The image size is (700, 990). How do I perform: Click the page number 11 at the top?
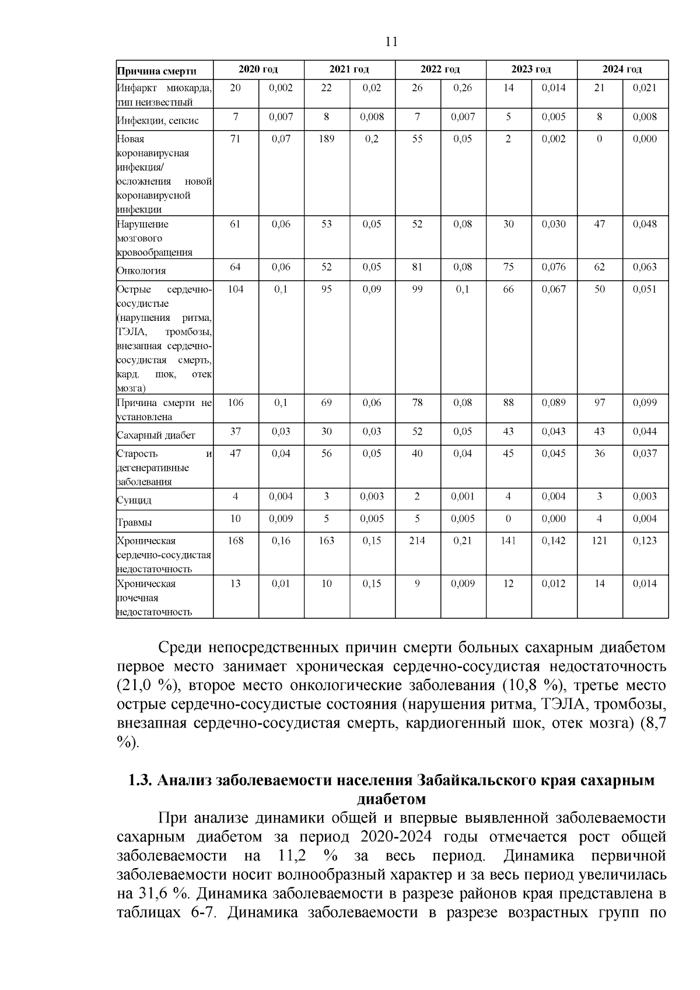pyautogui.click(x=391, y=42)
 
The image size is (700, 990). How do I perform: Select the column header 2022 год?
pyautogui.click(x=440, y=69)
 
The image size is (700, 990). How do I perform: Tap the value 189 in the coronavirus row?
pyautogui.click(x=326, y=139)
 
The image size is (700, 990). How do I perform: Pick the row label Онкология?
pyautogui.click(x=141, y=271)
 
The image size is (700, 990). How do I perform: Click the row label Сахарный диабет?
pyautogui.click(x=156, y=435)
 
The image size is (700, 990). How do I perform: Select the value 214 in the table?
pyautogui.click(x=417, y=541)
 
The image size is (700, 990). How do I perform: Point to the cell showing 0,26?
pyautogui.click(x=463, y=88)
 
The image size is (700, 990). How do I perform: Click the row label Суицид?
pyautogui.click(x=134, y=500)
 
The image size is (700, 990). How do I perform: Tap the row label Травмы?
pyautogui.click(x=134, y=522)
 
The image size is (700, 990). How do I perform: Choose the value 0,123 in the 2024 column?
pyautogui.click(x=645, y=541)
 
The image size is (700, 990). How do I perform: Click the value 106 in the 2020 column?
pyautogui.click(x=235, y=403)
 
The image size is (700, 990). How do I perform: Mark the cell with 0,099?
pyautogui.click(x=645, y=403)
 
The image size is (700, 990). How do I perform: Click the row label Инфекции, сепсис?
pyautogui.click(x=157, y=121)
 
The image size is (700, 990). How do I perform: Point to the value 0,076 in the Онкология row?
pyautogui.click(x=554, y=267)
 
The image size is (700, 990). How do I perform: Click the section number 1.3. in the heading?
pyautogui.click(x=141, y=781)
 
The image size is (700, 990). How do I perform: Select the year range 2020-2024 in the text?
pyautogui.click(x=396, y=837)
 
